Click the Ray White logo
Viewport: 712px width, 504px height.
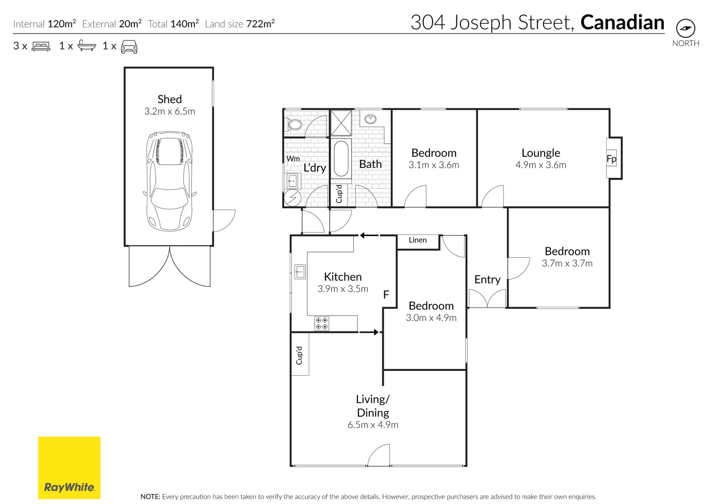(69, 468)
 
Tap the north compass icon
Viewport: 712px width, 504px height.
(685, 28)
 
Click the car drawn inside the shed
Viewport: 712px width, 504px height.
(169, 181)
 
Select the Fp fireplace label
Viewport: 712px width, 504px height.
(611, 159)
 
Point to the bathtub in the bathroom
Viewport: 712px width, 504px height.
(342, 159)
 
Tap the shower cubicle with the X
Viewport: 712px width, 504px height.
(341, 123)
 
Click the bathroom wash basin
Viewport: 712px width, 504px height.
(371, 119)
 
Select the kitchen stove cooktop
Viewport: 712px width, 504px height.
(321, 323)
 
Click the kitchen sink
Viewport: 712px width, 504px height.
(300, 271)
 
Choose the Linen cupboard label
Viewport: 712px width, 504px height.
(417, 240)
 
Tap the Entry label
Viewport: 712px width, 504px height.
(487, 280)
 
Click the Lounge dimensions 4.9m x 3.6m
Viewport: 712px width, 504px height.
(540, 165)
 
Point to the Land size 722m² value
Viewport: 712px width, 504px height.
(260, 24)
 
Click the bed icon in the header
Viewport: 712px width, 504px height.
(41, 46)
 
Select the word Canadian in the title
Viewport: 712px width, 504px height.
(622, 22)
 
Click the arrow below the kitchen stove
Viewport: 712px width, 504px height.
(369, 332)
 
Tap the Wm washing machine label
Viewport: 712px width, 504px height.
(293, 159)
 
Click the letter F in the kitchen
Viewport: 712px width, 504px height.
(386, 294)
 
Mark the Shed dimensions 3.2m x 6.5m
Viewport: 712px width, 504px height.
(170, 112)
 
